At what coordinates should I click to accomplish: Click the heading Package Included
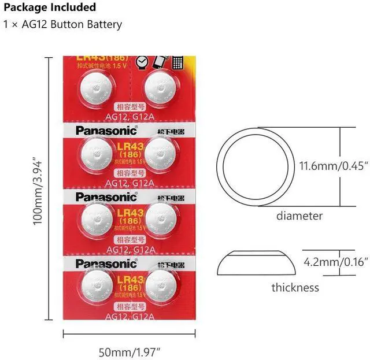pos(50,8)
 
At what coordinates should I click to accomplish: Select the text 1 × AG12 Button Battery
pos(63,24)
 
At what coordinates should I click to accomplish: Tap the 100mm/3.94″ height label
pos(38,191)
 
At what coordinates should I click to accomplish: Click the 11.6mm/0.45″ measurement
pos(334,166)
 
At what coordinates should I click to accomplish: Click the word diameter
pos(299,216)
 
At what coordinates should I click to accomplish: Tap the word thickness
pos(295,287)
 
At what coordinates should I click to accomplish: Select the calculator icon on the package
pos(179,61)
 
